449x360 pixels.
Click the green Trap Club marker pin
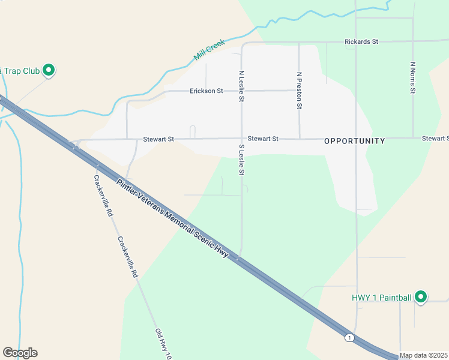coord(49,71)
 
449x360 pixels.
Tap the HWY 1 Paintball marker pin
coord(421,296)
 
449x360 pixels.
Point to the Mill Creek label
coord(209,50)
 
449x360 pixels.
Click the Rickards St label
coord(361,41)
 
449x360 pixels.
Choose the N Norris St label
coord(412,77)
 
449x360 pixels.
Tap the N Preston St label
coord(299,91)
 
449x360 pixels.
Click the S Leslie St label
coord(242,160)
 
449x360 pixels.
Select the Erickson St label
coord(206,91)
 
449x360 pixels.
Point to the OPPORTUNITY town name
coord(354,141)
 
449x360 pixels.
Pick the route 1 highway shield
coord(349,338)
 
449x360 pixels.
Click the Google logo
coord(20,353)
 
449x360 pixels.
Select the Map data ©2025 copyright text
coord(423,355)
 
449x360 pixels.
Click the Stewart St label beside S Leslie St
coord(263,139)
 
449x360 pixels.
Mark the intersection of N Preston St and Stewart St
coord(299,139)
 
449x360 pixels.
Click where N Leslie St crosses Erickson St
coord(242,91)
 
